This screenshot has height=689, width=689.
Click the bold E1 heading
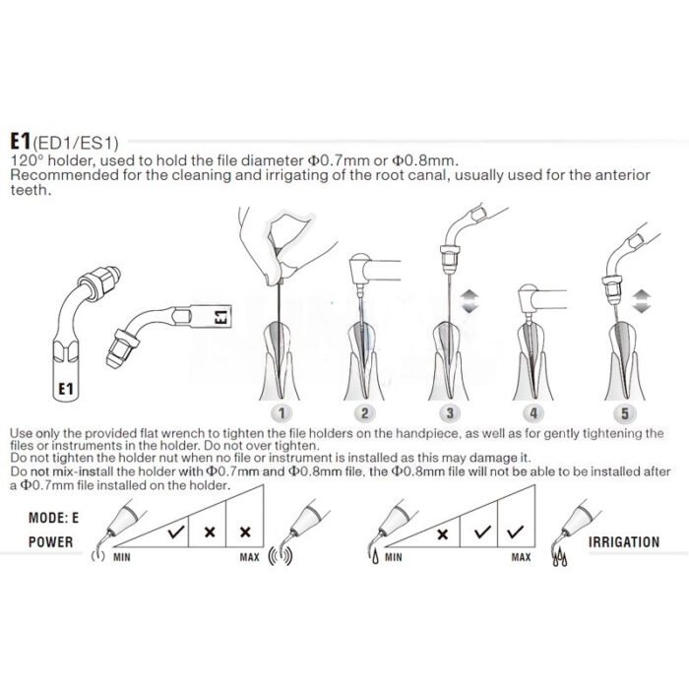(21, 141)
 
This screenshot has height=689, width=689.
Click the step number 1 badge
(282, 412)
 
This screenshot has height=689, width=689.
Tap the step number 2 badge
(364, 412)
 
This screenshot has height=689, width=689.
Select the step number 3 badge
(450, 412)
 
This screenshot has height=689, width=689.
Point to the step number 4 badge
(533, 412)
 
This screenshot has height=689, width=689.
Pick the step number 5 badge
(624, 412)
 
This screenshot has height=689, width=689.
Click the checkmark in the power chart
(176, 532)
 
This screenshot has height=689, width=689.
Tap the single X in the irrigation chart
(443, 533)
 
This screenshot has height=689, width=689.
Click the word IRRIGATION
(624, 541)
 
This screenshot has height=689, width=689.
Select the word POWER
(50, 541)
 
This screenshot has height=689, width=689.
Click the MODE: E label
(53, 518)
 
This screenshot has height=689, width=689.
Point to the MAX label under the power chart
(249, 557)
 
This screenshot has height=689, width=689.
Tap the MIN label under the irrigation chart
(394, 557)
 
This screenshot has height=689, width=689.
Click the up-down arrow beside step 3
(470, 301)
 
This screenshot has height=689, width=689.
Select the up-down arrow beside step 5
(641, 301)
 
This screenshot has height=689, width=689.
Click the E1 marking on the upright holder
(66, 389)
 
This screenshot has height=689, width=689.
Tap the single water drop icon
(375, 558)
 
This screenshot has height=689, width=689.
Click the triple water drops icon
(559, 558)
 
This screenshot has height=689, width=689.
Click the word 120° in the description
(26, 160)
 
